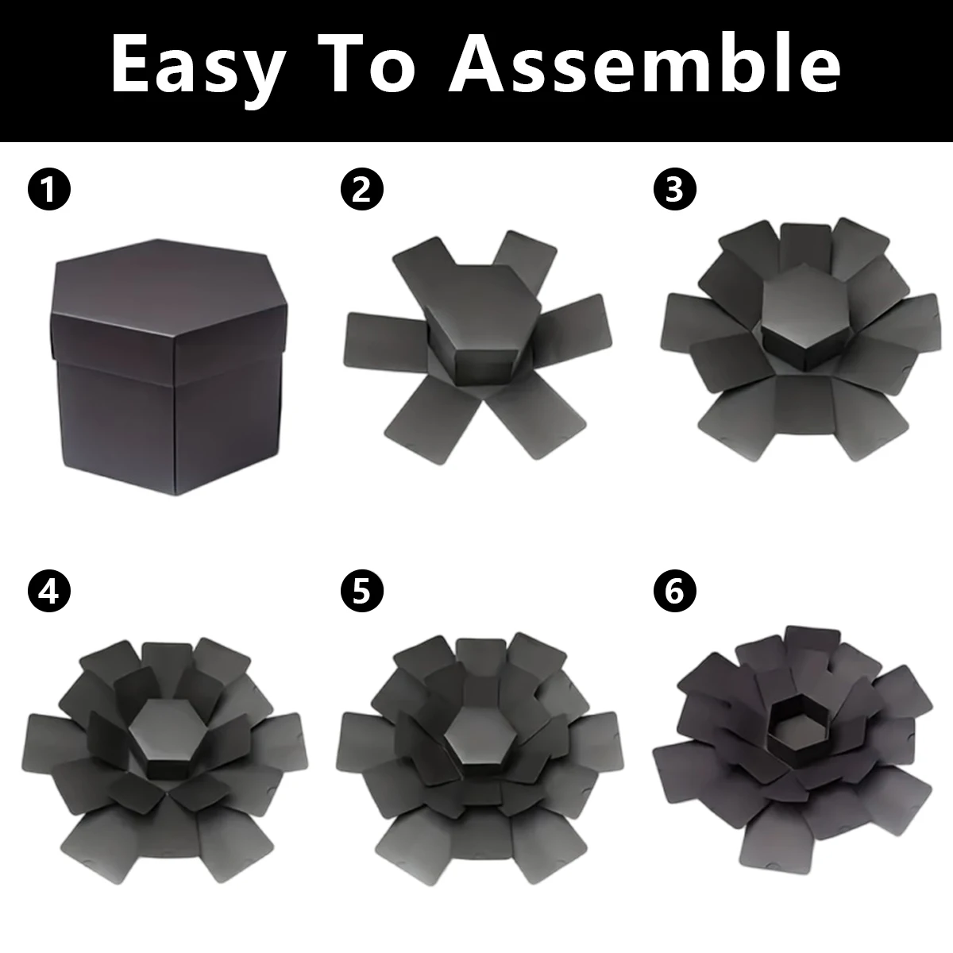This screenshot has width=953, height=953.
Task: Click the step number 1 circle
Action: pyautogui.click(x=49, y=190)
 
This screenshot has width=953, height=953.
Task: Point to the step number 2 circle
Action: pyautogui.click(x=362, y=190)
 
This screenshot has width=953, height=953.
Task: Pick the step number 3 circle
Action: pyautogui.click(x=674, y=190)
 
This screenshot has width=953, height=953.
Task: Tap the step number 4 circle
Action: pyautogui.click(x=49, y=591)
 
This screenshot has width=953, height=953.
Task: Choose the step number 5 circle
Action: pyautogui.click(x=362, y=591)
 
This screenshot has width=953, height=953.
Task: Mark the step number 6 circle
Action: pyautogui.click(x=674, y=591)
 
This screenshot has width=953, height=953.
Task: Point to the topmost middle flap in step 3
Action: pyautogui.click(x=805, y=247)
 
